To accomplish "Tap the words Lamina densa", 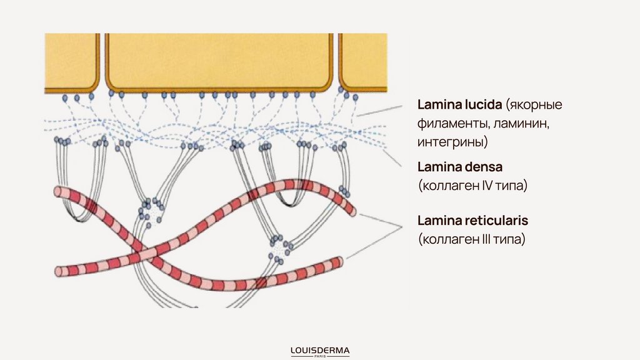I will pyautogui.click(x=460, y=167).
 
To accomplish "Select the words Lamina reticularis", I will pyautogui.click(x=473, y=221).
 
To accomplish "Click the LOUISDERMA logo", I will pyautogui.click(x=320, y=350).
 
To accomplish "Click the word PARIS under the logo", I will pyautogui.click(x=320, y=356).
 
